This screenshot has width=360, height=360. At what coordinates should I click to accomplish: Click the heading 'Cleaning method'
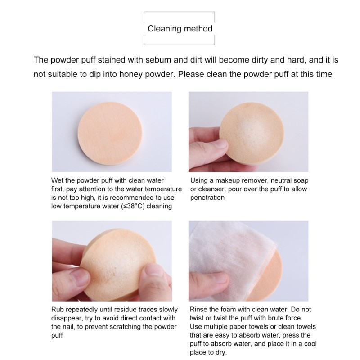coord(180,29)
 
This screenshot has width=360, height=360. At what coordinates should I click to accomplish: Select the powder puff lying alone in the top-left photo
coord(110,133)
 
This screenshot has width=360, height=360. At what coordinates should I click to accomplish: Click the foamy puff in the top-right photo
coord(252,133)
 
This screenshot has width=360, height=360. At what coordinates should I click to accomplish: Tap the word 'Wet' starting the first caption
coord(57,180)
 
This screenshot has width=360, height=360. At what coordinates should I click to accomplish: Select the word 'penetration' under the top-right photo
coord(207,198)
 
